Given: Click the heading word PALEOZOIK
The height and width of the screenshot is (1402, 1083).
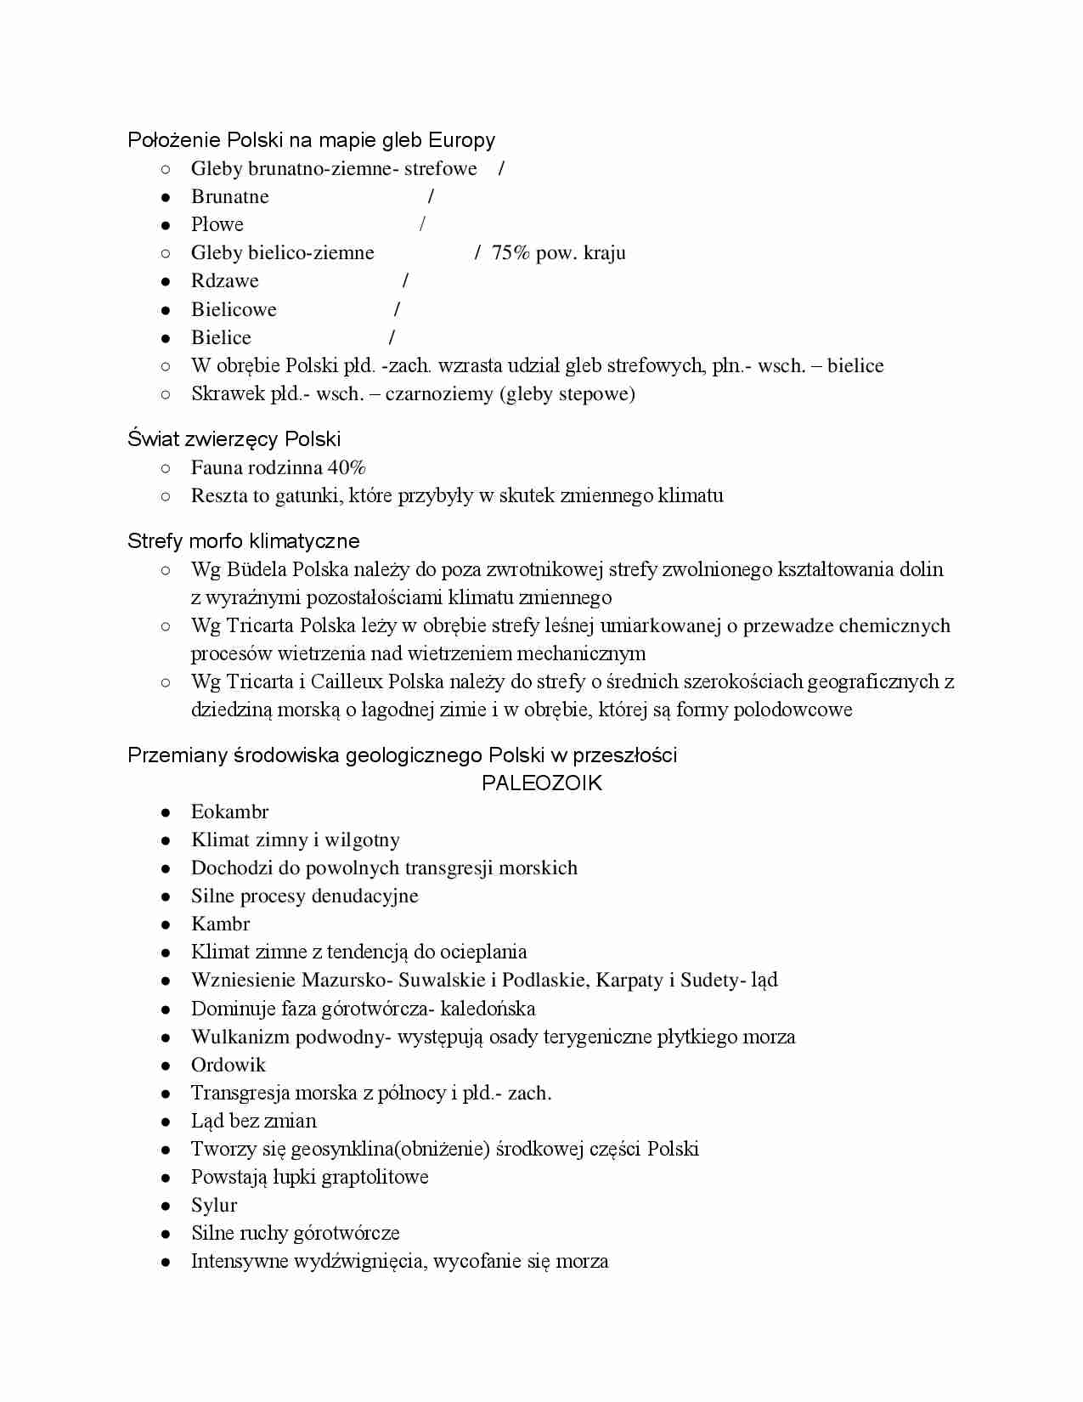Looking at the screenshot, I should coord(541,783).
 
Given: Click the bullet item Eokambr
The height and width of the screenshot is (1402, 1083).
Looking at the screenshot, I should coord(229,812).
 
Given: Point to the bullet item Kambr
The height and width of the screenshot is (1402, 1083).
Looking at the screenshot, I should coord(220,924).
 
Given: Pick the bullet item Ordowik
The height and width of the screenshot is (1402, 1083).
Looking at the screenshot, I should coord(228,1066).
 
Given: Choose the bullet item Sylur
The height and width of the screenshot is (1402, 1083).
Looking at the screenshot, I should coord(214,1206).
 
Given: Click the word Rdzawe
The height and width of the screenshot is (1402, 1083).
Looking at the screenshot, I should coord(224,281).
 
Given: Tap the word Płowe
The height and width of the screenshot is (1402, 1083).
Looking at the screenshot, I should coord(217,225).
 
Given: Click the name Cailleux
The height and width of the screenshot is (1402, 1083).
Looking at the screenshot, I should coord(346,682).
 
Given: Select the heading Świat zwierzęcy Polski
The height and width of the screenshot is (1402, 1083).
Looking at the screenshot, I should coord(234,439).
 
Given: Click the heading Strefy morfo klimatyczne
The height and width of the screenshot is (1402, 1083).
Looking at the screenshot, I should coord(243,541).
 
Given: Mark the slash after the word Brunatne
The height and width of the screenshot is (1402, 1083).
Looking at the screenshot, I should coord(431,196).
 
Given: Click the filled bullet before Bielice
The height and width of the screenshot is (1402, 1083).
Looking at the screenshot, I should coord(166,338).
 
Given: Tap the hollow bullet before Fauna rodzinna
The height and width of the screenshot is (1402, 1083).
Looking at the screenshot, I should coord(166,468).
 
